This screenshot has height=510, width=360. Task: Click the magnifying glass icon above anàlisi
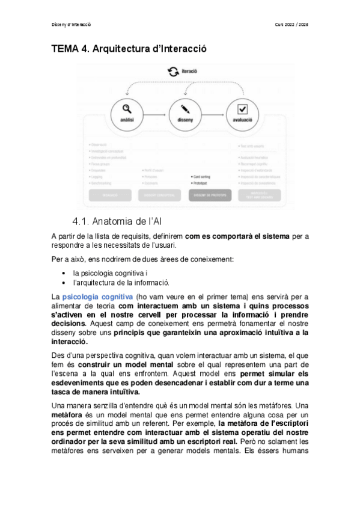click(126, 109)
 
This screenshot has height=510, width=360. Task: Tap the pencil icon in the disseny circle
click(185, 109)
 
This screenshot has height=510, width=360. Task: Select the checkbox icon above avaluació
click(243, 109)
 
